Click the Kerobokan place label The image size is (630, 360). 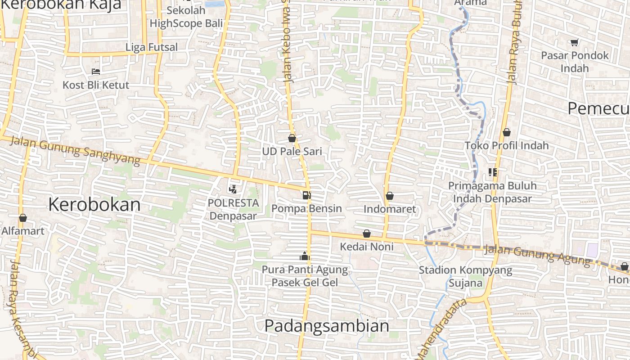94,205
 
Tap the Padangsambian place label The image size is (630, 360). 327,326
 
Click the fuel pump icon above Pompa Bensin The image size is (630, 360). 307,195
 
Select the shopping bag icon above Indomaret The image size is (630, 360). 390,196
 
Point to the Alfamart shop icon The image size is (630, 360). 23,218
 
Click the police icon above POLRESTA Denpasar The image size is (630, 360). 233,189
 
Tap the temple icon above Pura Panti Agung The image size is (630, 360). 305,256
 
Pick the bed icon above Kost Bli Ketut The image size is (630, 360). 95,71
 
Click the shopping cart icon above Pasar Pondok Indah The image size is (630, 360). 574,43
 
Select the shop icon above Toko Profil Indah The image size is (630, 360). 507,132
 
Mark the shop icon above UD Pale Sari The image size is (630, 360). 292,138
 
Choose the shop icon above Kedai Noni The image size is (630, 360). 367,234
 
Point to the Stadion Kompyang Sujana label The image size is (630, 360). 465,276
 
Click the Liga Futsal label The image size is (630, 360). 152,47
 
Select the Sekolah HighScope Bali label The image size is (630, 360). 186,17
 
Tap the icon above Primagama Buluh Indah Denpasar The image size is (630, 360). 492,172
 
